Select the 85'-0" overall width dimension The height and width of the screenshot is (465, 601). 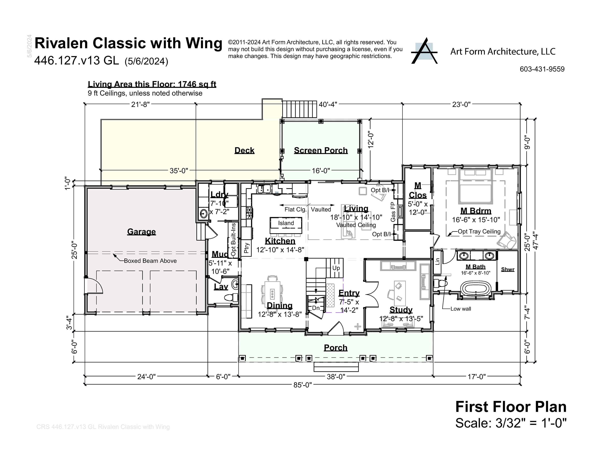302,385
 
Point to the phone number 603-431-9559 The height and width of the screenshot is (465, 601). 542,69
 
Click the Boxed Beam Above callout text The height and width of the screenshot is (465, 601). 150,261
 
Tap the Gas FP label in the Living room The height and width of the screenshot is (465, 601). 393,212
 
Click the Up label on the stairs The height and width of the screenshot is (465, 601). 336,268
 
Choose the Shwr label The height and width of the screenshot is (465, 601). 507,269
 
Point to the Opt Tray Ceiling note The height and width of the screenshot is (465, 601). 479,231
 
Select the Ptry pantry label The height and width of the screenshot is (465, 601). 247,248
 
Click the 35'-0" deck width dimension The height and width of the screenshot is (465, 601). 179,171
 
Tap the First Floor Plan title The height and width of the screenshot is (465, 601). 511,407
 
